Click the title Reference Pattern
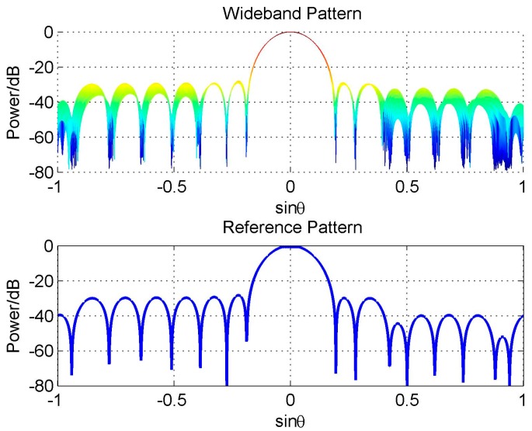290,227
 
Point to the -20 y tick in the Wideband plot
40,67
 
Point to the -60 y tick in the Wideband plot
40,137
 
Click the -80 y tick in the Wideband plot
40,171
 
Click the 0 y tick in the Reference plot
47,246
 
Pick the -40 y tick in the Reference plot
40,316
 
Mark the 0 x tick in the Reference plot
290,401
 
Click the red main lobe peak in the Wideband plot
290,33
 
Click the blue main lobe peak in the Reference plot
290,247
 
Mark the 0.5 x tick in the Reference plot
406,401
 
